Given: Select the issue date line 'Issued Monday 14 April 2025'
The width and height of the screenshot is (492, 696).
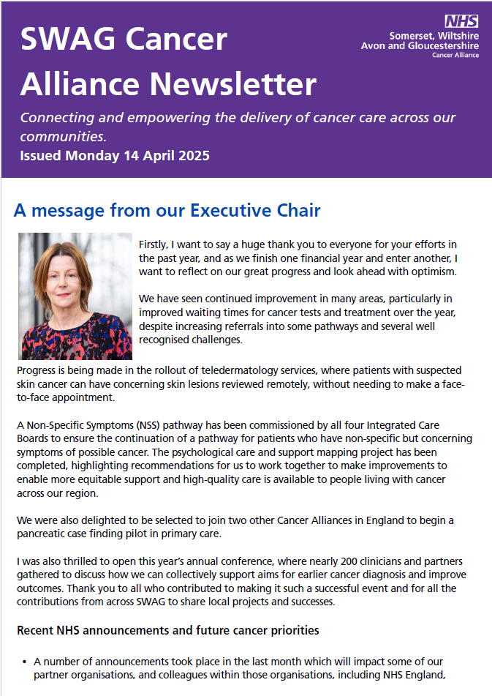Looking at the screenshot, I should pyautogui.click(x=115, y=155).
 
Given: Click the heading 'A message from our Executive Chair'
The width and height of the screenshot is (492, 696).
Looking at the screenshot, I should pyautogui.click(x=167, y=211).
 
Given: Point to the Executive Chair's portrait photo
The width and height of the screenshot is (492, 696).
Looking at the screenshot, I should pyautogui.click(x=75, y=296).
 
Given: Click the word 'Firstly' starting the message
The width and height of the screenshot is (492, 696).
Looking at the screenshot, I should pyautogui.click(x=155, y=244).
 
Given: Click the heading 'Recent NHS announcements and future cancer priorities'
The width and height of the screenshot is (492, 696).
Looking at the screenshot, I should pyautogui.click(x=167, y=630).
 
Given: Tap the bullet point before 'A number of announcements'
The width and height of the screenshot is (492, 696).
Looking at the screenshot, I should pyautogui.click(x=25, y=662).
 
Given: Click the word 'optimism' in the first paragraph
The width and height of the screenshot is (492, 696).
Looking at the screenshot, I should pyautogui.click(x=430, y=271).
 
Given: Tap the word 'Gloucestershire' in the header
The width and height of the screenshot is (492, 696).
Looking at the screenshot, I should pyautogui.click(x=444, y=45).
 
